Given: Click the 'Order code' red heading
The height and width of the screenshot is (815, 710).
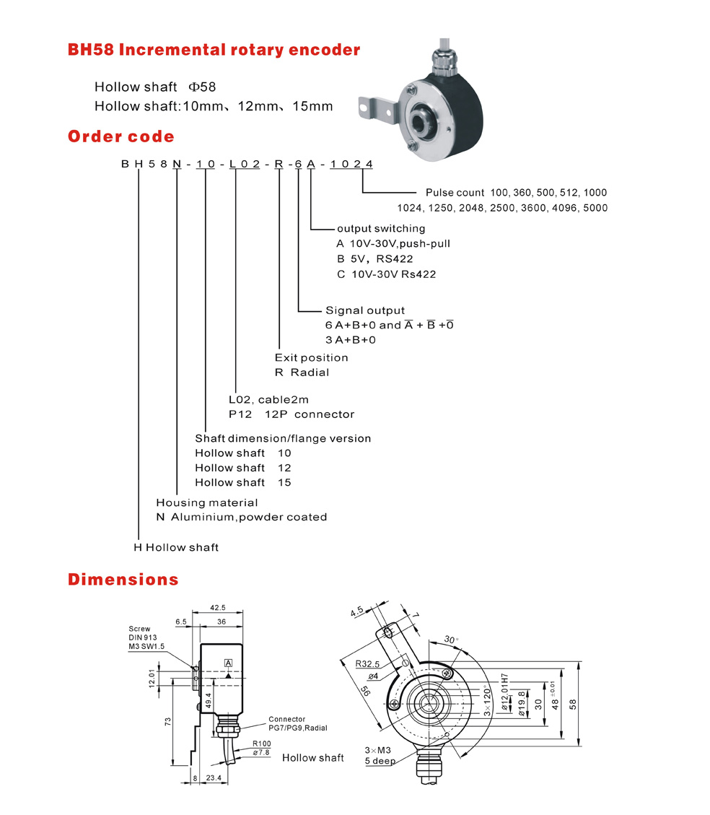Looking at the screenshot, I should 120,136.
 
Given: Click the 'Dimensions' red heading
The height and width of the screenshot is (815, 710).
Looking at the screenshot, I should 123,579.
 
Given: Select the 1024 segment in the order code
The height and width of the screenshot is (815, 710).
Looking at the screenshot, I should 351,165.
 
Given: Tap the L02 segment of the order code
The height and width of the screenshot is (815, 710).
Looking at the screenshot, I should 244,165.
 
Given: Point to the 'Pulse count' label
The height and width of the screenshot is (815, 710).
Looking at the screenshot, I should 455,193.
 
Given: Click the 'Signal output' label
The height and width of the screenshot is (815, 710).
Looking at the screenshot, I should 365,310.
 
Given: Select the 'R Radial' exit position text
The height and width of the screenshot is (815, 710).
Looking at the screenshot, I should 302,372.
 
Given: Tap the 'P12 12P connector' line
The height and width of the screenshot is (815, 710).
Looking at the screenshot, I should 292,414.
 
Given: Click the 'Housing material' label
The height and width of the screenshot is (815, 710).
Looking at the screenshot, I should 207,502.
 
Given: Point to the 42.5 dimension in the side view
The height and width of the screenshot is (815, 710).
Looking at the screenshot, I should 217,608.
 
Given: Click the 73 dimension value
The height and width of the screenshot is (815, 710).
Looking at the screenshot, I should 167,721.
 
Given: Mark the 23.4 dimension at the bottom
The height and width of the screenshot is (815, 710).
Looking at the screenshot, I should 214,778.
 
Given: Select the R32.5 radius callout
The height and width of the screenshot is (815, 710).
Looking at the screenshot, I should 368,663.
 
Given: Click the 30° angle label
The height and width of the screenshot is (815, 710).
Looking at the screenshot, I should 450,640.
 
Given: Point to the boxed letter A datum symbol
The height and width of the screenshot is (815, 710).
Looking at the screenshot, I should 229,663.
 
